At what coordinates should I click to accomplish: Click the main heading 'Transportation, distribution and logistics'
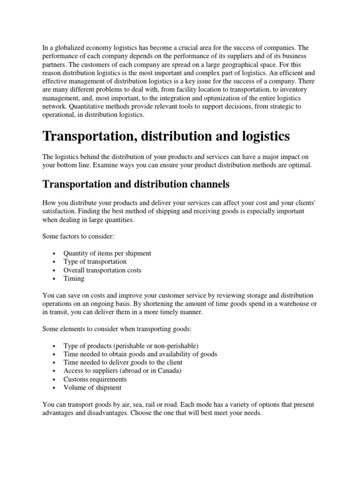pyautogui.click(x=166, y=136)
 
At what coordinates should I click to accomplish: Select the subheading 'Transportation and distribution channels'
pyautogui.click(x=136, y=184)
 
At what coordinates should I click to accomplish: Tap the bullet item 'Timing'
pyautogui.click(x=74, y=278)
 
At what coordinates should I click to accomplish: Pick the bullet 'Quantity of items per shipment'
pyautogui.click(x=107, y=253)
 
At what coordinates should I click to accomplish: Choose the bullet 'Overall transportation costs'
pyautogui.click(x=102, y=270)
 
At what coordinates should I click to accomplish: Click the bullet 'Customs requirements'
pyautogui.click(x=95, y=379)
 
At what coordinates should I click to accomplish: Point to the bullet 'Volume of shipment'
pyautogui.click(x=92, y=388)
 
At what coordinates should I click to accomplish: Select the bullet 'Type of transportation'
pyautogui.click(x=95, y=262)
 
